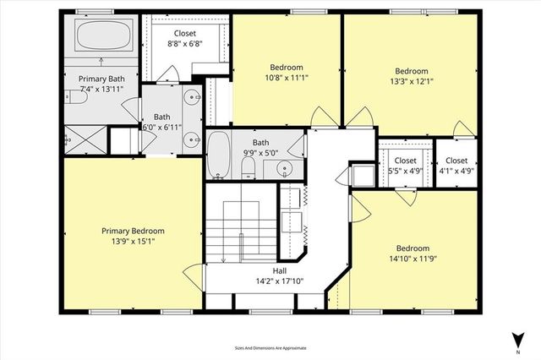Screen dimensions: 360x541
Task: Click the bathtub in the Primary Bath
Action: [102, 38]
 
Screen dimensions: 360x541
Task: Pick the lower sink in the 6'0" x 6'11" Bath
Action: [194, 139]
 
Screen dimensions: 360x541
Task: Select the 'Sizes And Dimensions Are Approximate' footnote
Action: [270, 347]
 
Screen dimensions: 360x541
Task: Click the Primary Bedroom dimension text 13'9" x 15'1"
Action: [133, 241]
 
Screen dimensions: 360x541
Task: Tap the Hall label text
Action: [279, 271]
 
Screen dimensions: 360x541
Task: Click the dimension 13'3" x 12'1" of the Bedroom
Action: [412, 81]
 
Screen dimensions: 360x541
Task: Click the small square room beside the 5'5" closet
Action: [365, 176]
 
